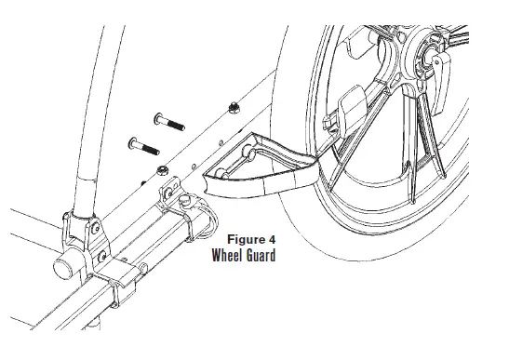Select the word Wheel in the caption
(229, 256)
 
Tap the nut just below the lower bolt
(161, 169)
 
